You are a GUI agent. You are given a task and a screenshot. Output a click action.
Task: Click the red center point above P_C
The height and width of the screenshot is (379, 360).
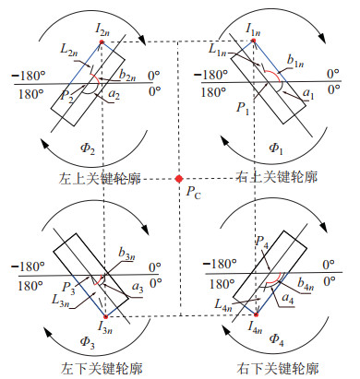(179, 179)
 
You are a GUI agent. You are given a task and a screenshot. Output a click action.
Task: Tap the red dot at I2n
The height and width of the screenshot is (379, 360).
(102, 42)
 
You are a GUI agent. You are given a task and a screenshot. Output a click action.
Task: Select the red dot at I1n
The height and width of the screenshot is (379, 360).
(254, 41)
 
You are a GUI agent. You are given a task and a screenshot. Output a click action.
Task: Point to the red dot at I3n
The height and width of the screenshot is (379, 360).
(105, 317)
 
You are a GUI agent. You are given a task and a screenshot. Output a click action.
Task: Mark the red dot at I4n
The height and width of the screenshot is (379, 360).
(256, 314)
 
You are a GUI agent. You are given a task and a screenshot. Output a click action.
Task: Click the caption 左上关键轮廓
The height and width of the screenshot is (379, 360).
(100, 179)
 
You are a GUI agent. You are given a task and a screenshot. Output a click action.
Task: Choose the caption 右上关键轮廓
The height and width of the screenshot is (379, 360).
(277, 177)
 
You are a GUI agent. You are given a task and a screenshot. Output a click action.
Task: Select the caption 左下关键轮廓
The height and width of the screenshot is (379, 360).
(102, 369)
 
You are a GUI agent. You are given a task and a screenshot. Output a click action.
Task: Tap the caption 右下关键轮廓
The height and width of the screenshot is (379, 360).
(278, 369)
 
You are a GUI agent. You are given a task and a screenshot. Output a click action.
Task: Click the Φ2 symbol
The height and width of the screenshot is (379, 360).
(88, 148)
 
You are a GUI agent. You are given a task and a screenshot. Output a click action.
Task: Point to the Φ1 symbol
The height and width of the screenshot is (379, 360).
(276, 148)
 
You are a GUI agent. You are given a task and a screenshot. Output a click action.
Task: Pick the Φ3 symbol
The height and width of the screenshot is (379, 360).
(87, 342)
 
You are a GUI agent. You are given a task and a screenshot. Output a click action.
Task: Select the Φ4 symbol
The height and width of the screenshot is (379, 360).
(276, 339)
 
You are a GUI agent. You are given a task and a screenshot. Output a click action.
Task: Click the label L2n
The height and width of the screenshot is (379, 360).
(69, 49)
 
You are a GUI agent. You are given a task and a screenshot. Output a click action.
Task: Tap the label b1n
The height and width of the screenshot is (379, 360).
(295, 61)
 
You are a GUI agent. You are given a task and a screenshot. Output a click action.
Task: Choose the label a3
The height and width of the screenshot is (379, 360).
(138, 288)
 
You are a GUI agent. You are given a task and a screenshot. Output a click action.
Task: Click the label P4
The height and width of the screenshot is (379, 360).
(262, 243)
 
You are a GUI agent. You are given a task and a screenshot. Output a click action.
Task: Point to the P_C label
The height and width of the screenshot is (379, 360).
(193, 193)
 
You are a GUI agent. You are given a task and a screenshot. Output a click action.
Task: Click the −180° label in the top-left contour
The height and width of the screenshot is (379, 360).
(29, 76)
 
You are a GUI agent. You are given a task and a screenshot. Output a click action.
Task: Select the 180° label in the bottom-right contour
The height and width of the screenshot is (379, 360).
(222, 284)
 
